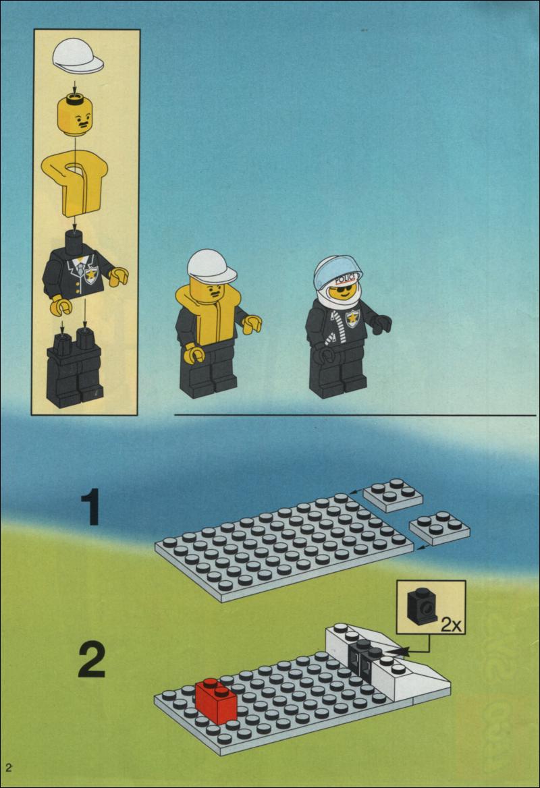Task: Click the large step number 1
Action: (90, 507)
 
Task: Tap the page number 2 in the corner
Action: (9, 767)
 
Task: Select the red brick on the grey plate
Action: (216, 700)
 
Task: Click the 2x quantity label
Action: (451, 625)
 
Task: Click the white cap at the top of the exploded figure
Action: (78, 56)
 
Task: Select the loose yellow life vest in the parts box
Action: (75, 184)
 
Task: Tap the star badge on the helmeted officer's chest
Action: (352, 318)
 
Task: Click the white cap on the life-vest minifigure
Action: (212, 266)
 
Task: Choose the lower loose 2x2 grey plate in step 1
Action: (440, 528)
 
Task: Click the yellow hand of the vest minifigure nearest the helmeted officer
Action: (252, 324)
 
